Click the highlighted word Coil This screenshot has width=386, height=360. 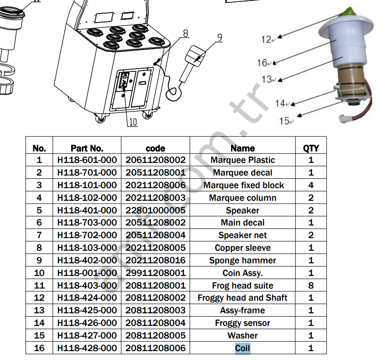pos(243,348)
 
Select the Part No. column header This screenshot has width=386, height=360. pos(87,148)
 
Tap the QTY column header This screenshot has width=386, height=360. pos(311,148)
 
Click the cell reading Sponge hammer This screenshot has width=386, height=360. pos(243,261)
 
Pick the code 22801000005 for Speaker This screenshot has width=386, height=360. pos(155,211)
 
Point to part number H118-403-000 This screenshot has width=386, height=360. pos(87,285)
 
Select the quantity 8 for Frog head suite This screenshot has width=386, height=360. pos(311,285)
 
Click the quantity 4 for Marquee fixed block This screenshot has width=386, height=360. pos(311,185)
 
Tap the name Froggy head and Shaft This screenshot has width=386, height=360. pos(242,298)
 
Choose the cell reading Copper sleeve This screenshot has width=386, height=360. pos(243,248)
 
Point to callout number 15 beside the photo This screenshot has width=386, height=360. pos(284,121)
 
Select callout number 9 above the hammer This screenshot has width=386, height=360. pos(220,38)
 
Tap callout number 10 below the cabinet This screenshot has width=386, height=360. pos(133,122)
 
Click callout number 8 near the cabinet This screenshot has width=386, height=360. pos(186,33)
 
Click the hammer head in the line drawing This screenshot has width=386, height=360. pos(195,56)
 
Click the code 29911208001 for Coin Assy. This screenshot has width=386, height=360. pos(155,273)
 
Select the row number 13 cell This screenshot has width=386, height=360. pos(39,311)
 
